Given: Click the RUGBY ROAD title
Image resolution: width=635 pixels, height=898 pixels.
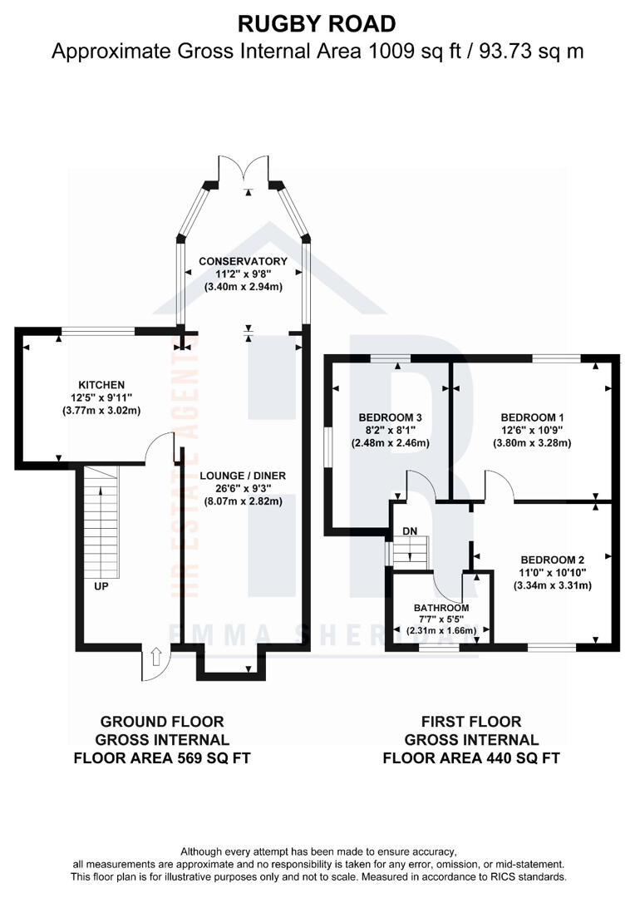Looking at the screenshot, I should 317,22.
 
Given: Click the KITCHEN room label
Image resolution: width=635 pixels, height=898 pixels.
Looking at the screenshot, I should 101,385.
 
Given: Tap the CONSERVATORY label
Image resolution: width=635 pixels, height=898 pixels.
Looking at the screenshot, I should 243,261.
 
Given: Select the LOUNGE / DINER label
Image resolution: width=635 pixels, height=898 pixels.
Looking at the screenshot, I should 243,476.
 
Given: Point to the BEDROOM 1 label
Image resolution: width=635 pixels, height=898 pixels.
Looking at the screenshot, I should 533,417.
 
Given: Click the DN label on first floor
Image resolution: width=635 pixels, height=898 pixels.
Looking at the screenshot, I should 409,530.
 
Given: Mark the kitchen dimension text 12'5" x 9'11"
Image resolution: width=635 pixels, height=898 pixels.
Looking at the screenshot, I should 101,397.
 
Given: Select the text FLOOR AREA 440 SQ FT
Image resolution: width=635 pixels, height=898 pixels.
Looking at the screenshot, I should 470,758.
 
